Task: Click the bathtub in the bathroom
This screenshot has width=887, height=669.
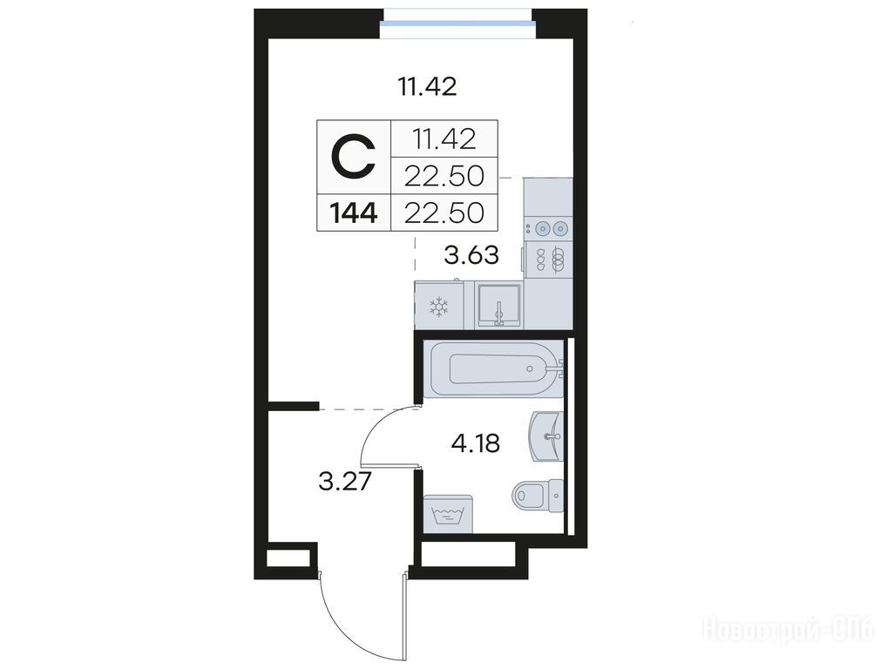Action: coord(494,368)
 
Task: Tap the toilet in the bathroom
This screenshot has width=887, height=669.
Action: coord(538,496)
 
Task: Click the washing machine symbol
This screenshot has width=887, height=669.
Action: coord(448,513)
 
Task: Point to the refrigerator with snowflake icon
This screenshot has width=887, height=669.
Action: coord(439,306)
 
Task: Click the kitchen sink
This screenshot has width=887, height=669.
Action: coord(498,306)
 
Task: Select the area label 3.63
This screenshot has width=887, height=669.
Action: coord(471,255)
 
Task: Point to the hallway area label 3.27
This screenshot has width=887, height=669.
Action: coord(344,482)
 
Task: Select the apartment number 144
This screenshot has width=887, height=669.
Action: coord(354,213)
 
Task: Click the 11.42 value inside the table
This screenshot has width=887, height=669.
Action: coord(444,139)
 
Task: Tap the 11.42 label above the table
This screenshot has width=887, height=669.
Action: coord(427,88)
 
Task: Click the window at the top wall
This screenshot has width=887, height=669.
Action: coord(457,24)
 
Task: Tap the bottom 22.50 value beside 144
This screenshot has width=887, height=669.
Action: coord(444,213)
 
